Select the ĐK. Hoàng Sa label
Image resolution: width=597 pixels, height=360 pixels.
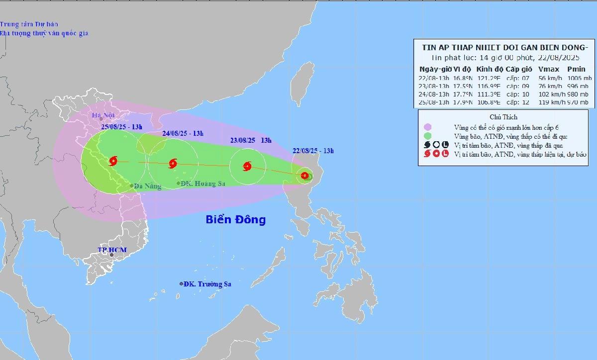click(202, 183)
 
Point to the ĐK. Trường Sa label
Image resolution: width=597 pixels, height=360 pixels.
click(207, 284)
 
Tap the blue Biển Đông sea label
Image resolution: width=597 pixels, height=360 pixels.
click(236, 219)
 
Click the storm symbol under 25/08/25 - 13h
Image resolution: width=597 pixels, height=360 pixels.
click(113, 161)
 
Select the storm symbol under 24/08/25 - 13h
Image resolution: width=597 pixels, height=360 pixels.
click(173, 163)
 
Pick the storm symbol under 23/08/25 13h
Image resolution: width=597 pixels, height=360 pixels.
click(247, 167)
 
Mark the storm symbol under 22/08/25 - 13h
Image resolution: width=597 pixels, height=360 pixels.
click(304, 175)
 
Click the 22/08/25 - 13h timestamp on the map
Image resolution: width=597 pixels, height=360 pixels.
click(312, 151)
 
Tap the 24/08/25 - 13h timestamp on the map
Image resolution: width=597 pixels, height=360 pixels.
click(183, 133)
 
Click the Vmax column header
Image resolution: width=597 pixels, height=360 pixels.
click(548, 69)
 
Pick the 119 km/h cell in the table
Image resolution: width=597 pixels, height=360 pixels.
click(549, 102)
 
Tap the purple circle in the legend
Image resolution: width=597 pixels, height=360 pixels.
click(427, 128)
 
